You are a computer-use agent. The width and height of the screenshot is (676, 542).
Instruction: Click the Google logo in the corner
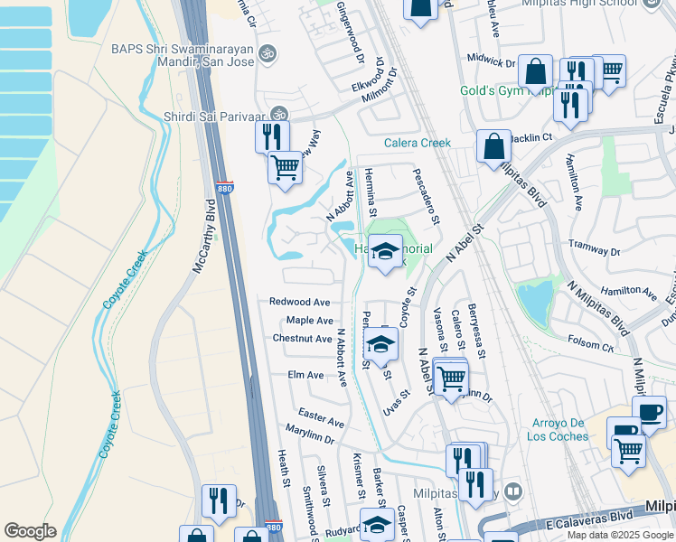click(30, 531)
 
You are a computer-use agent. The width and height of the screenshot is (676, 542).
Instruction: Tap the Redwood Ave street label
click(299, 302)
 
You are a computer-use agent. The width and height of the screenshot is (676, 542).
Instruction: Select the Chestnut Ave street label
click(302, 339)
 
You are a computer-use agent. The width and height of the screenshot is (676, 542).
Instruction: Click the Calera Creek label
click(417, 143)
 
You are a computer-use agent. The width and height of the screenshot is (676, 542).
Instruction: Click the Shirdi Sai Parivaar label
click(216, 115)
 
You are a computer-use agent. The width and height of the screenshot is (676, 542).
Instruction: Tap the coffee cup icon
click(651, 412)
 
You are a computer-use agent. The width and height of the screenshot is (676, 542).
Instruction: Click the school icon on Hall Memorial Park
click(385, 251)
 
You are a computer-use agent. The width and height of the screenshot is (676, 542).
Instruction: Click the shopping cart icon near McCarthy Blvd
click(286, 167)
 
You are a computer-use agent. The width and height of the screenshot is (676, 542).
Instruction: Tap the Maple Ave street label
click(309, 321)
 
